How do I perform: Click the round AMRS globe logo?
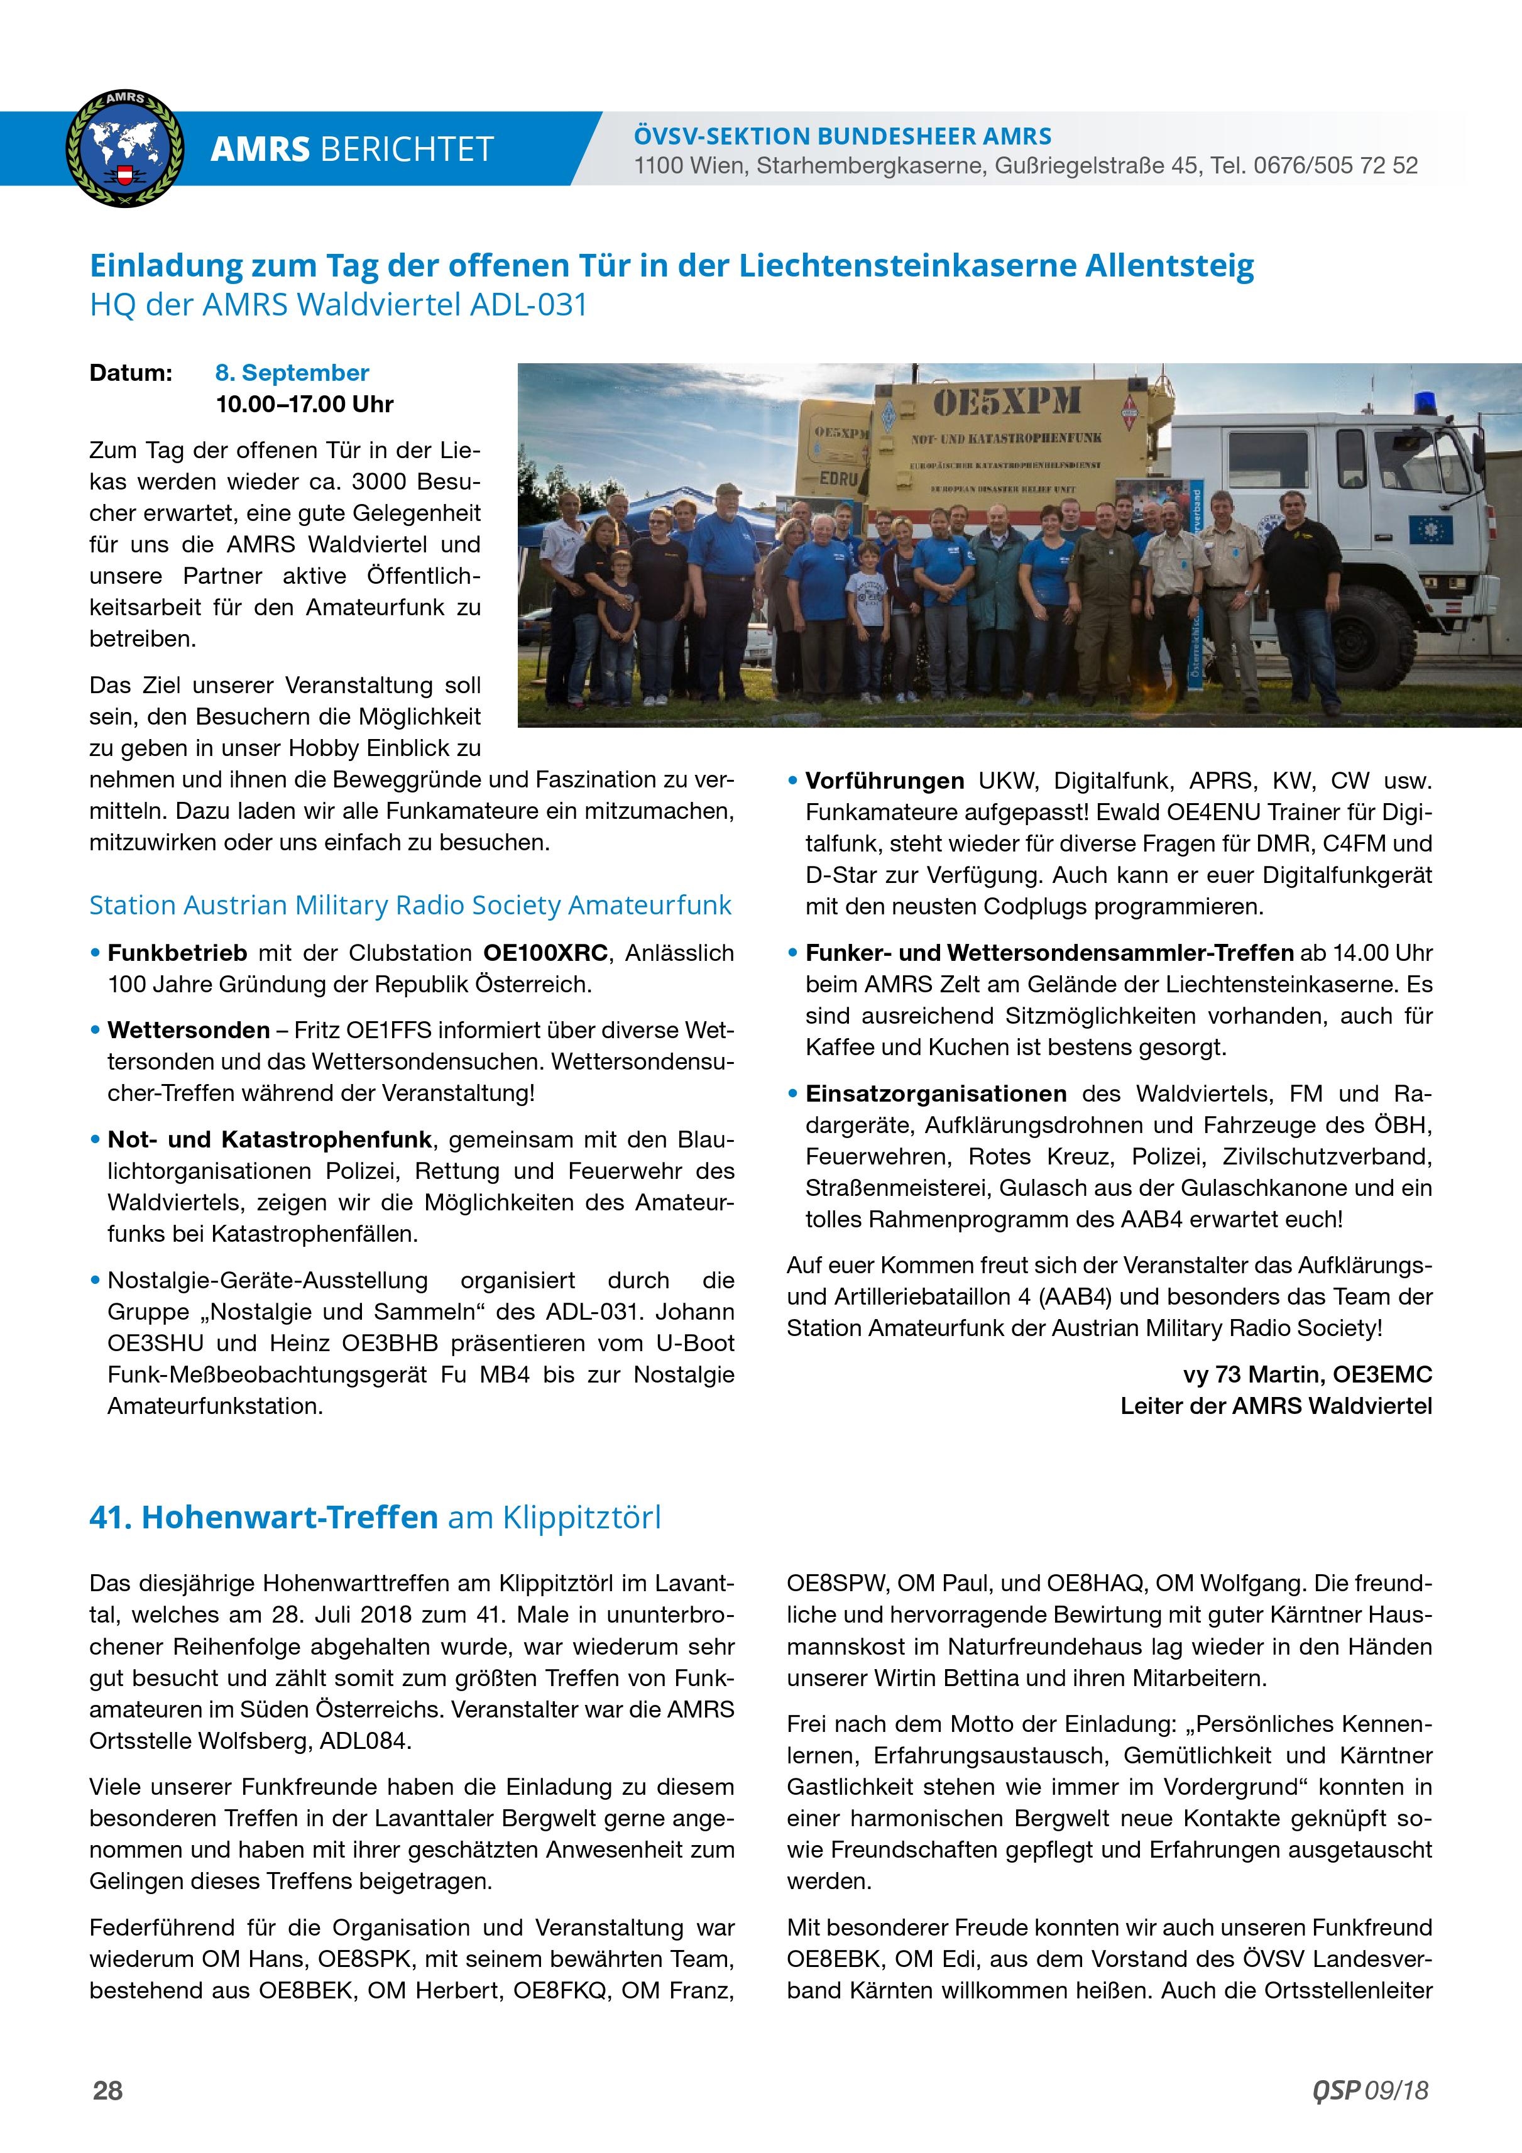[124, 148]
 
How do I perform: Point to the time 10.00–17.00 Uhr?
[304, 404]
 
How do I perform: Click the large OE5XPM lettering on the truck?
[1006, 402]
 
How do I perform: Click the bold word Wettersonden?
[189, 1031]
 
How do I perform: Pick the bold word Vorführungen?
[884, 781]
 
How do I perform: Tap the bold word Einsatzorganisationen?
[936, 1093]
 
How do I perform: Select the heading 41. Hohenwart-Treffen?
[263, 1517]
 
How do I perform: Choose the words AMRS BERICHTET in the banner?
[352, 149]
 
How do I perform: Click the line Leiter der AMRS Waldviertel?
[1276, 1406]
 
